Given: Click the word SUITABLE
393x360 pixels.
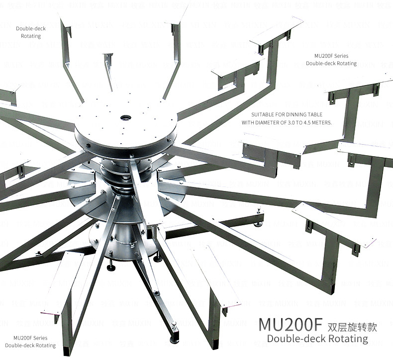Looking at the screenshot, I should pyautogui.click(x=263, y=114).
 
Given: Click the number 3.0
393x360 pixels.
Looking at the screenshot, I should pyautogui.click(x=296, y=122).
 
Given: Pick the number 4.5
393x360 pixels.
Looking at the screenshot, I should pyautogui.click(x=311, y=122).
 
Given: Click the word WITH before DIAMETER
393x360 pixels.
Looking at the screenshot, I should pyautogui.click(x=249, y=122).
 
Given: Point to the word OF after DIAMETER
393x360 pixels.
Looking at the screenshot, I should pyautogui.click(x=288, y=122).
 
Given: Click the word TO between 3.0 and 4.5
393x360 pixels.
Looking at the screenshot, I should pyautogui.click(x=304, y=122).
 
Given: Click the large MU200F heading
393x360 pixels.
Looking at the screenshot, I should pyautogui.click(x=291, y=324).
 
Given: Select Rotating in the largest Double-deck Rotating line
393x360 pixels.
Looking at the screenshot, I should pyautogui.click(x=346, y=339).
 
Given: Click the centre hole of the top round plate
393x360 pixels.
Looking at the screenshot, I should pyautogui.click(x=125, y=118).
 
